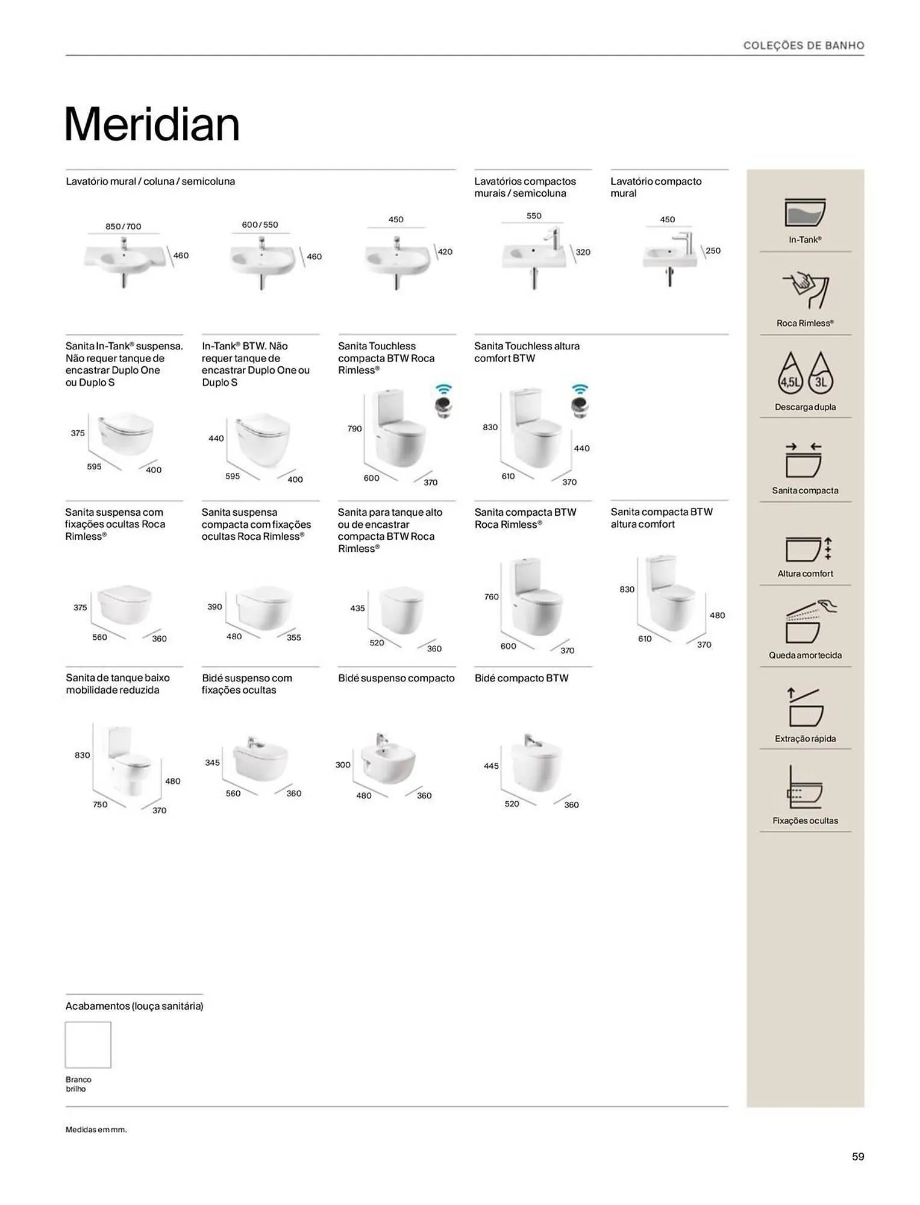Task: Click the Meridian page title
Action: [x=152, y=125]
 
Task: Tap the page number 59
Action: [x=857, y=1156]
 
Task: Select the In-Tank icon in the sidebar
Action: [x=805, y=213]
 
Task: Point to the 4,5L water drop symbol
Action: [x=790, y=374]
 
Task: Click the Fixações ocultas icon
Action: [x=805, y=787]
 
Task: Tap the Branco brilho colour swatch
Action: [x=88, y=1044]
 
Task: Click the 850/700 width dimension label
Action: [x=123, y=227]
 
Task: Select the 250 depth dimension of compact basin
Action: [x=713, y=251]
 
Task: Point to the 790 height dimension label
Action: [x=354, y=428]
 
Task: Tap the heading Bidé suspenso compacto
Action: [x=396, y=678]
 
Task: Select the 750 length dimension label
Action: [x=100, y=804]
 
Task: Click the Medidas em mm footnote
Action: [x=96, y=1129]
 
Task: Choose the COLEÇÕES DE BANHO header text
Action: [x=803, y=45]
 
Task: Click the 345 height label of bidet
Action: [x=212, y=762]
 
